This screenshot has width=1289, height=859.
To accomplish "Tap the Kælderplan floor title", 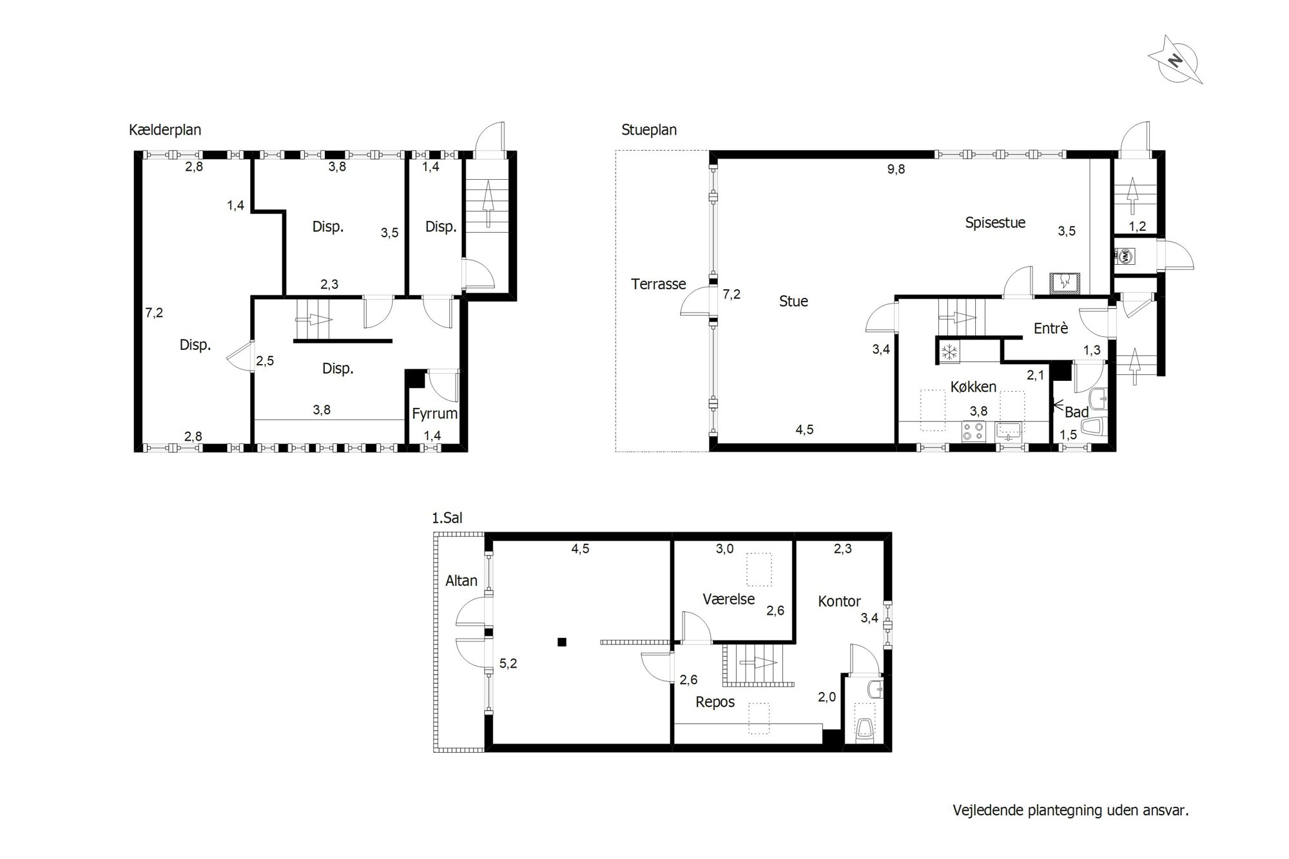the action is [x=165, y=130].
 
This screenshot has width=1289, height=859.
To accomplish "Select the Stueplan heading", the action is [x=649, y=130].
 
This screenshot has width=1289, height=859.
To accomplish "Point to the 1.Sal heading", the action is [x=447, y=517].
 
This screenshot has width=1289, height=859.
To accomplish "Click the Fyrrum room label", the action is [x=435, y=414].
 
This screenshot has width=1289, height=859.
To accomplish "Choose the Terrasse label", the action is [x=659, y=284].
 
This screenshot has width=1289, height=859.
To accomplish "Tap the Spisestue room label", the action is [x=995, y=223].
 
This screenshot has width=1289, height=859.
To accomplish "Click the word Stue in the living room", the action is [x=793, y=301].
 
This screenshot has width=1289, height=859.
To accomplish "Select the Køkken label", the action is [x=973, y=387].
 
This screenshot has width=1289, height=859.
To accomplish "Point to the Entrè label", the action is [x=1051, y=328].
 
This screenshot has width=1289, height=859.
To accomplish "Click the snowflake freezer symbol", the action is [x=949, y=352].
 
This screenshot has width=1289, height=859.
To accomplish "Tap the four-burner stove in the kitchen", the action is [x=973, y=431].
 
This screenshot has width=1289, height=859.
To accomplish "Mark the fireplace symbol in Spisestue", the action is [x=1065, y=282].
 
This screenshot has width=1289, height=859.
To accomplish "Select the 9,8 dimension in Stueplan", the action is [x=896, y=169].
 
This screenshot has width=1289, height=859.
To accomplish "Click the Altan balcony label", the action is [x=461, y=581].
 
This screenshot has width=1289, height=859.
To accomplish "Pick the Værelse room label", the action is [x=728, y=599].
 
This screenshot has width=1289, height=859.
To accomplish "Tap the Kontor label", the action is [x=839, y=601].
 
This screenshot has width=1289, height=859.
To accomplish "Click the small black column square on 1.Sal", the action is [x=562, y=642].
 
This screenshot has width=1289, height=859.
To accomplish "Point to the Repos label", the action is [x=715, y=702].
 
